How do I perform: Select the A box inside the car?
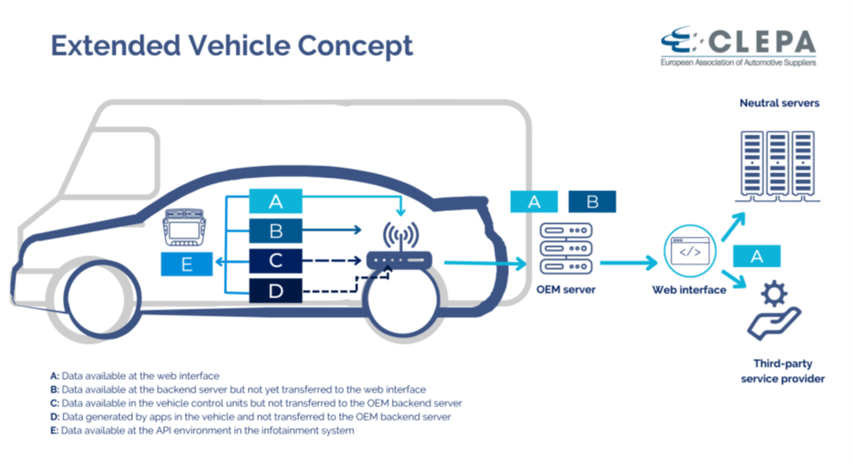275,201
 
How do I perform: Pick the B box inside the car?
275,231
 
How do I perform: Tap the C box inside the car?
275,261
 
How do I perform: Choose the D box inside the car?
275,291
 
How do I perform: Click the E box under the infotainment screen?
187,264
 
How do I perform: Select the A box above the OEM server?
534,201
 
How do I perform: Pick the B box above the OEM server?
592,201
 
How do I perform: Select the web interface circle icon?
690,253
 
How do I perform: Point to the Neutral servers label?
779,103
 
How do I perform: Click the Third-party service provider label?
783,370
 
